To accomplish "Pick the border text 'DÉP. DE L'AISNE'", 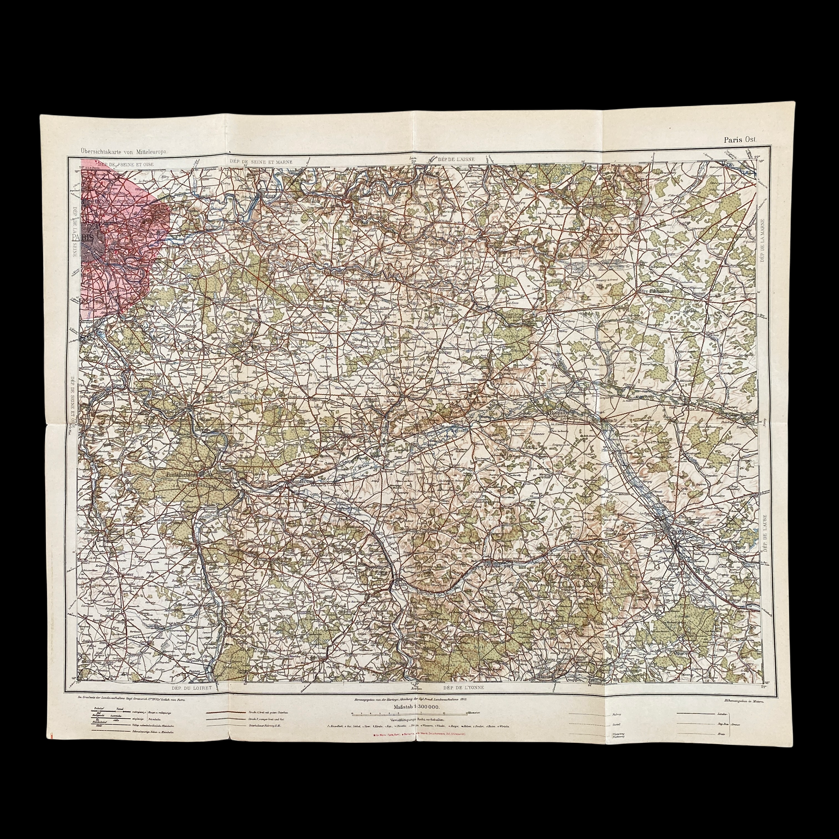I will pos(456,159).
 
